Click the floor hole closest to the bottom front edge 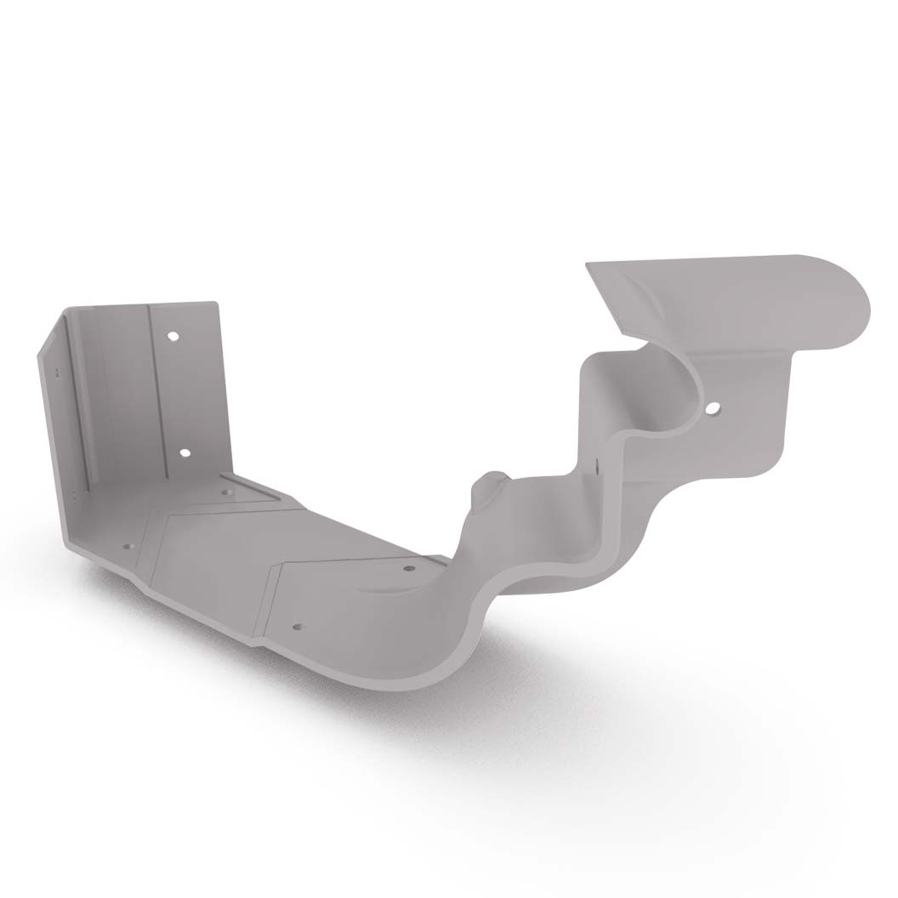(297, 628)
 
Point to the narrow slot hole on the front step (598, 467)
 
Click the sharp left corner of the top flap (587, 266)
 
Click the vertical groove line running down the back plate (151, 391)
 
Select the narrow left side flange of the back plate (68, 425)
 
